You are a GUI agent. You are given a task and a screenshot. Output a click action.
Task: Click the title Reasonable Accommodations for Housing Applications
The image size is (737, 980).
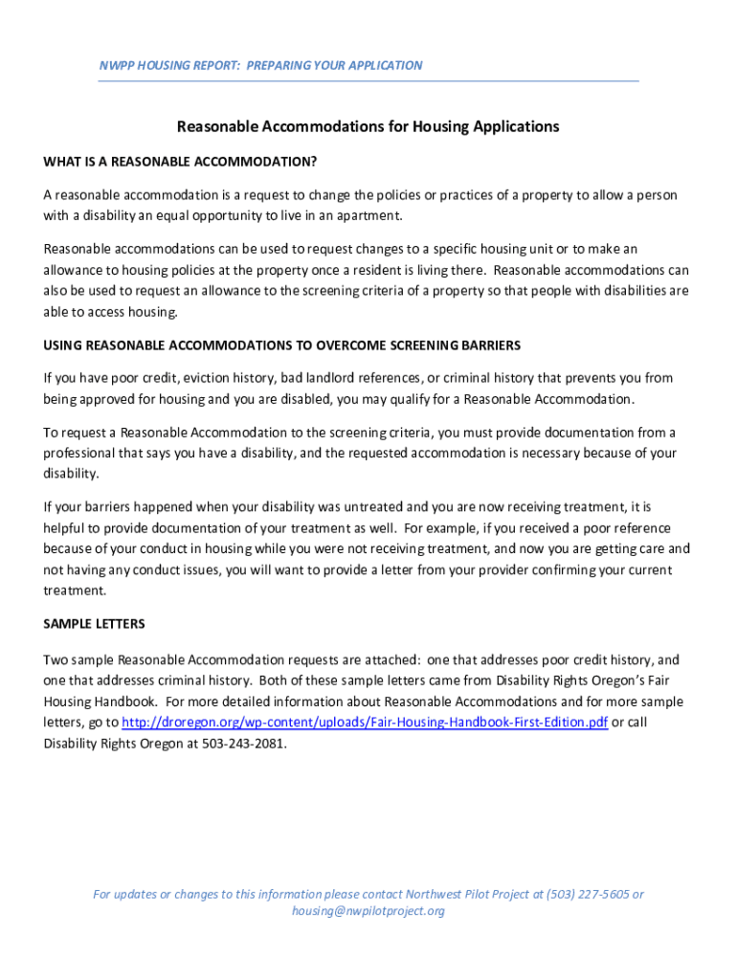pyautogui.click(x=368, y=126)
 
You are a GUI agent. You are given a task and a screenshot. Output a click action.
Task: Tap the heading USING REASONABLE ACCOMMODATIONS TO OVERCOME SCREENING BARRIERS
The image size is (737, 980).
pyautogui.click(x=281, y=345)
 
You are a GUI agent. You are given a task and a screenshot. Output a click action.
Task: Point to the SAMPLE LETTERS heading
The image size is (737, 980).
pyautogui.click(x=94, y=624)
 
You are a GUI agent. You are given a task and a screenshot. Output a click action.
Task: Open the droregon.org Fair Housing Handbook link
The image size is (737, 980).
pyautogui.click(x=365, y=723)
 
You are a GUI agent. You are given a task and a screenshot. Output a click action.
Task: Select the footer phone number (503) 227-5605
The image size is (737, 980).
pyautogui.click(x=588, y=895)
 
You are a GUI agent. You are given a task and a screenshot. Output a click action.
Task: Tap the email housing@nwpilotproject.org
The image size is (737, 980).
pyautogui.click(x=368, y=911)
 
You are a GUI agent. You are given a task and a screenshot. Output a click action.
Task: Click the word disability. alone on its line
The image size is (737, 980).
pyautogui.click(x=71, y=474)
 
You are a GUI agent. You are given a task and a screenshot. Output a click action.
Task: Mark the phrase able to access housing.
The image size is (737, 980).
pyautogui.click(x=110, y=312)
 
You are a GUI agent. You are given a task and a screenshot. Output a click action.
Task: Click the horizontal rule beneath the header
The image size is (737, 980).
pyautogui.click(x=368, y=81)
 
